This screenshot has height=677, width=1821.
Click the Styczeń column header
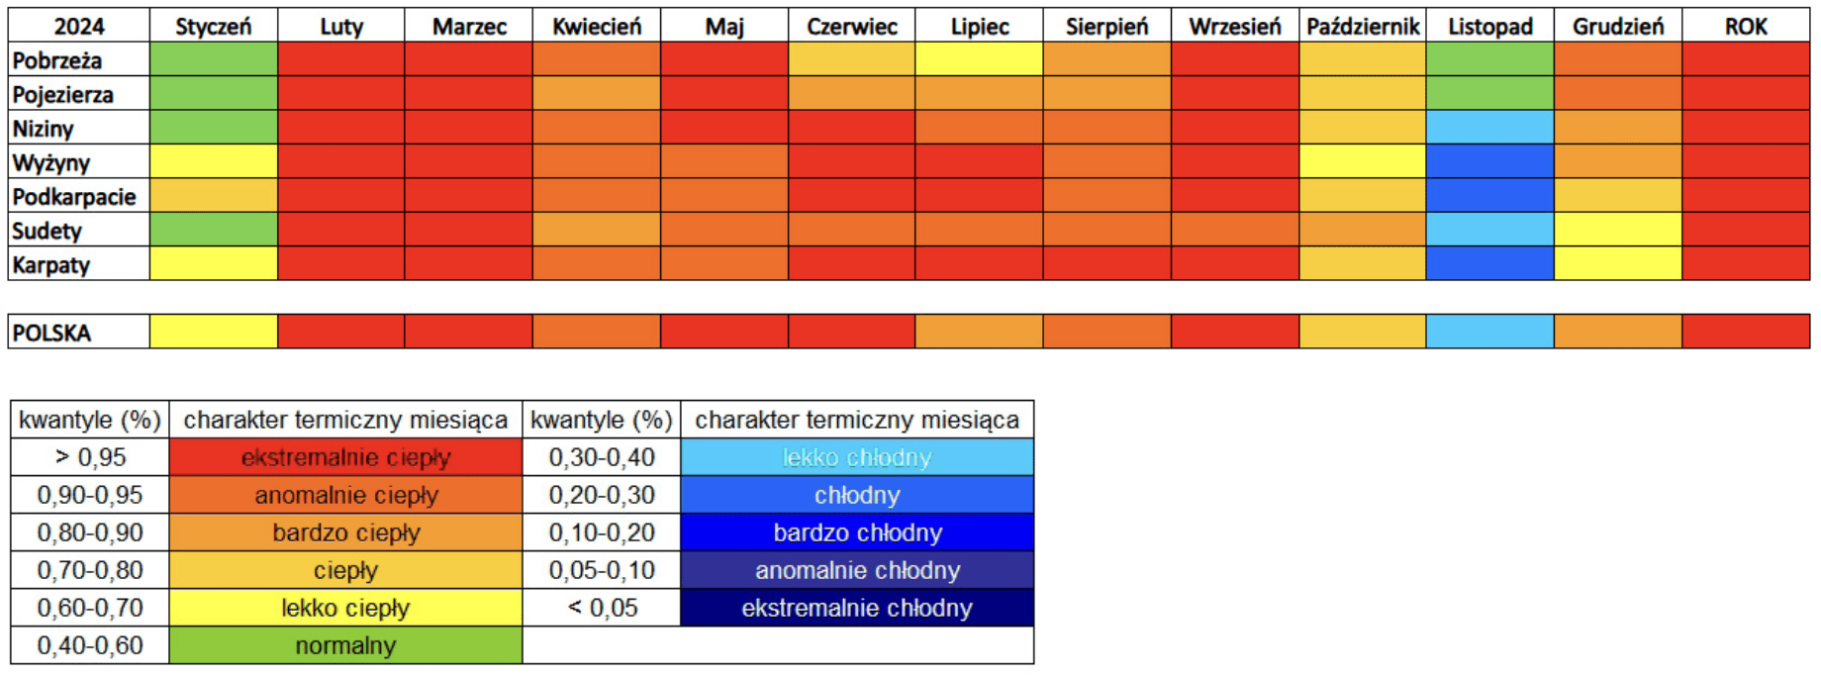pyautogui.click(x=213, y=26)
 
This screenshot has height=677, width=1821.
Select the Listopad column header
pyautogui.click(x=1489, y=26)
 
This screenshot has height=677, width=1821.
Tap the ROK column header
pyautogui.click(x=1745, y=26)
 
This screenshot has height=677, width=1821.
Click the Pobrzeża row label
pyautogui.click(x=57, y=60)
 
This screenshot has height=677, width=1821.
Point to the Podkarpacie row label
pyautogui.click(x=74, y=197)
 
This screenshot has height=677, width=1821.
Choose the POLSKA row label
pyautogui.click(x=51, y=333)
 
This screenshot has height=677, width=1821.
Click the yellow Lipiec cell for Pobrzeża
pyautogui.click(x=979, y=59)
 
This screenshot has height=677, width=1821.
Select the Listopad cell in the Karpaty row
pyautogui.click(x=1489, y=264)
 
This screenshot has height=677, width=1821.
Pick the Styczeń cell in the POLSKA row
pyautogui.click(x=213, y=332)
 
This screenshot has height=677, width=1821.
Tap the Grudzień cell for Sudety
pyautogui.click(x=1617, y=231)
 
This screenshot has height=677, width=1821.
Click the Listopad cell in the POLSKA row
pyautogui.click(x=1489, y=332)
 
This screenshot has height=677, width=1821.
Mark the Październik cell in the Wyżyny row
pyautogui.click(x=1362, y=162)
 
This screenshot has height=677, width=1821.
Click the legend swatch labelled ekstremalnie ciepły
pyautogui.click(x=345, y=457)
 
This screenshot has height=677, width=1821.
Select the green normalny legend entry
pyautogui.click(x=345, y=645)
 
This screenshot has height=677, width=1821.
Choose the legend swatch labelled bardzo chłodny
pyautogui.click(x=857, y=532)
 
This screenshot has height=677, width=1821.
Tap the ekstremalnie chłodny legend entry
pyautogui.click(x=857, y=608)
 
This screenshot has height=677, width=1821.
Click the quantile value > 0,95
pyautogui.click(x=90, y=457)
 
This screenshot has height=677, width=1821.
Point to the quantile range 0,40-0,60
pyautogui.click(x=90, y=645)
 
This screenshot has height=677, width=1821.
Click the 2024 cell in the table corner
pyautogui.click(x=79, y=26)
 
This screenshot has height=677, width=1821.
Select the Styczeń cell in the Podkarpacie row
pyautogui.click(x=213, y=196)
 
